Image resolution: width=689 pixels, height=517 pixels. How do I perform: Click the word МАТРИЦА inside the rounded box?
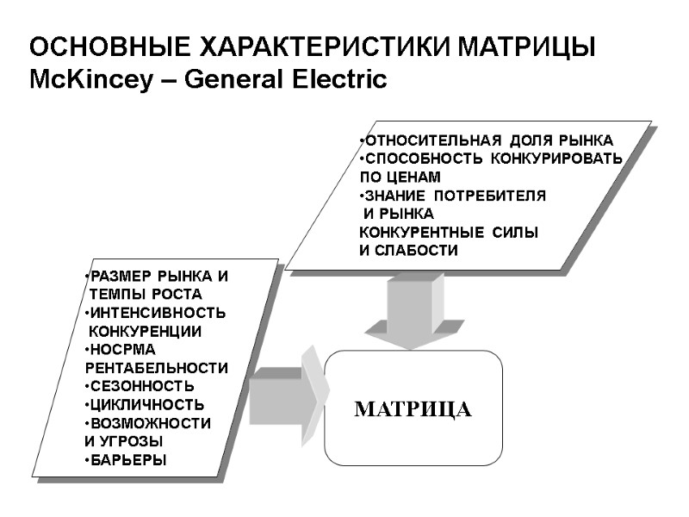[413, 409]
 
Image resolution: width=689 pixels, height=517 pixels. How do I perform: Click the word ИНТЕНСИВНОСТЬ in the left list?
[159, 312]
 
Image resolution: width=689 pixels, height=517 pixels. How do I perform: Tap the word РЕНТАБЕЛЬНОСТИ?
[157, 368]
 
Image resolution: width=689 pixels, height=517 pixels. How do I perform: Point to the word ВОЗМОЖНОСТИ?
[151, 423]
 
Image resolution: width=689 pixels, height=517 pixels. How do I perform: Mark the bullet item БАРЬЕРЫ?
[130, 460]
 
